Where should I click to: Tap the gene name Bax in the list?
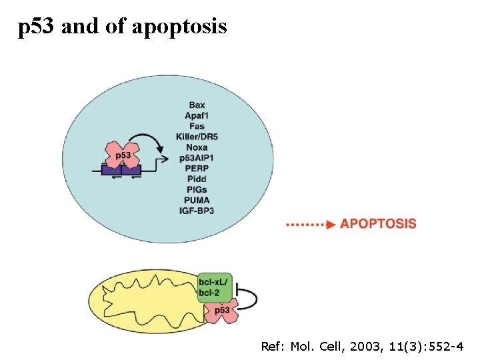(197, 105)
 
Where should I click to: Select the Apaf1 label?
(197, 115)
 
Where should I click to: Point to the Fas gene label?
(197, 126)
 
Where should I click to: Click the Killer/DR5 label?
(197, 137)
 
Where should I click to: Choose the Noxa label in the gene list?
(197, 147)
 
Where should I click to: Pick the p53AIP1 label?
(197, 158)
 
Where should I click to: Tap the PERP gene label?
(197, 169)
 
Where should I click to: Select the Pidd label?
(197, 179)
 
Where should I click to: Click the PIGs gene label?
(197, 190)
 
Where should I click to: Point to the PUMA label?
(197, 200)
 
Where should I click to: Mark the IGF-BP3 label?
(197, 211)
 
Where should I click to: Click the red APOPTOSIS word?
(378, 224)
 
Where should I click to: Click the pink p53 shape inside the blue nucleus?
(123, 155)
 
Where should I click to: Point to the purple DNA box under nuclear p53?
(121, 171)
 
